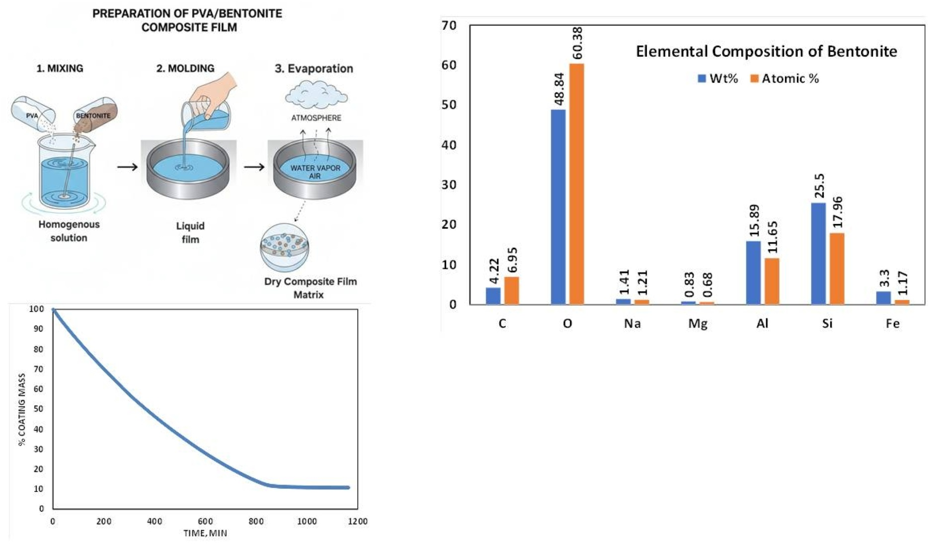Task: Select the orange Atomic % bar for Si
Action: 837,269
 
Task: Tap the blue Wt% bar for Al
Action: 753,272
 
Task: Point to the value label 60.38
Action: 577,43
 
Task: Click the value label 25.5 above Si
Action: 819,186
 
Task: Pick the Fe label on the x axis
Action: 892,324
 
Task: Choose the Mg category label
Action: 698,324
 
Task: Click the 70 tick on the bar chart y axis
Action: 449,25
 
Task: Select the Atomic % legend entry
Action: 784,78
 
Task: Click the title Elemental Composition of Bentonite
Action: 766,52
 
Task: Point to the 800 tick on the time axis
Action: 256,521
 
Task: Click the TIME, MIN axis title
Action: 205,533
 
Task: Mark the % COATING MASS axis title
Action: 22,409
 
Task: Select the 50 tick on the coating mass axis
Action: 38,409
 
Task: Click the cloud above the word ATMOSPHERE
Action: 316,94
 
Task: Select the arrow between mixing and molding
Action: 128,167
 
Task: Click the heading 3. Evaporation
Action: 314,68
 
